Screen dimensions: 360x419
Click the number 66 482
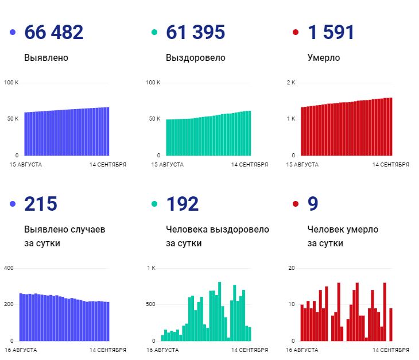tap(54, 33)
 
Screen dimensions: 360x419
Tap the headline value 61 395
tap(195, 33)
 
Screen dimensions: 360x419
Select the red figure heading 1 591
tap(331, 33)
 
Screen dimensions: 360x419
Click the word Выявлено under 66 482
tap(46, 58)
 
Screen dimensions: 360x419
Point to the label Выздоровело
tap(195, 58)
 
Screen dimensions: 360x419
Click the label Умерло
tap(324, 58)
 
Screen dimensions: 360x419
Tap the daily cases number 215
tap(41, 204)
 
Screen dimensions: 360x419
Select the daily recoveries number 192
tap(183, 204)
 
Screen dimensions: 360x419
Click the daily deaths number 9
tap(313, 204)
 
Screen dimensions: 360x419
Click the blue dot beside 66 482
tap(13, 33)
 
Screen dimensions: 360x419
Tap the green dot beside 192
tap(154, 204)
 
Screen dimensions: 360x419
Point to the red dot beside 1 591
tap(296, 33)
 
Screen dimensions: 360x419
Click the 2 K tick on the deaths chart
tap(291, 83)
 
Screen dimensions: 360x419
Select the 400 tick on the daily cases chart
tap(9, 268)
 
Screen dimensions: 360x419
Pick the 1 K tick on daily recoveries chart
tap(152, 268)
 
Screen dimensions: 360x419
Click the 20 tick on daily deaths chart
tap(291, 268)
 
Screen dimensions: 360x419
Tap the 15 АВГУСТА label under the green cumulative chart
tap(167, 165)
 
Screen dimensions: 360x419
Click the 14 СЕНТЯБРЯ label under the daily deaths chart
tap(391, 350)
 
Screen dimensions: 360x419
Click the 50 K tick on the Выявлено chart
tap(12, 119)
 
